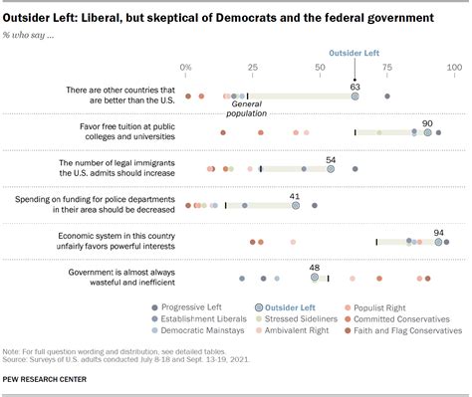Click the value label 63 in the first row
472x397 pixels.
354,87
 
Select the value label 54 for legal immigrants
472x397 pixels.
331,159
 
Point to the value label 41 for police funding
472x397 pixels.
296,196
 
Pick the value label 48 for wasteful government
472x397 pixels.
315,268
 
